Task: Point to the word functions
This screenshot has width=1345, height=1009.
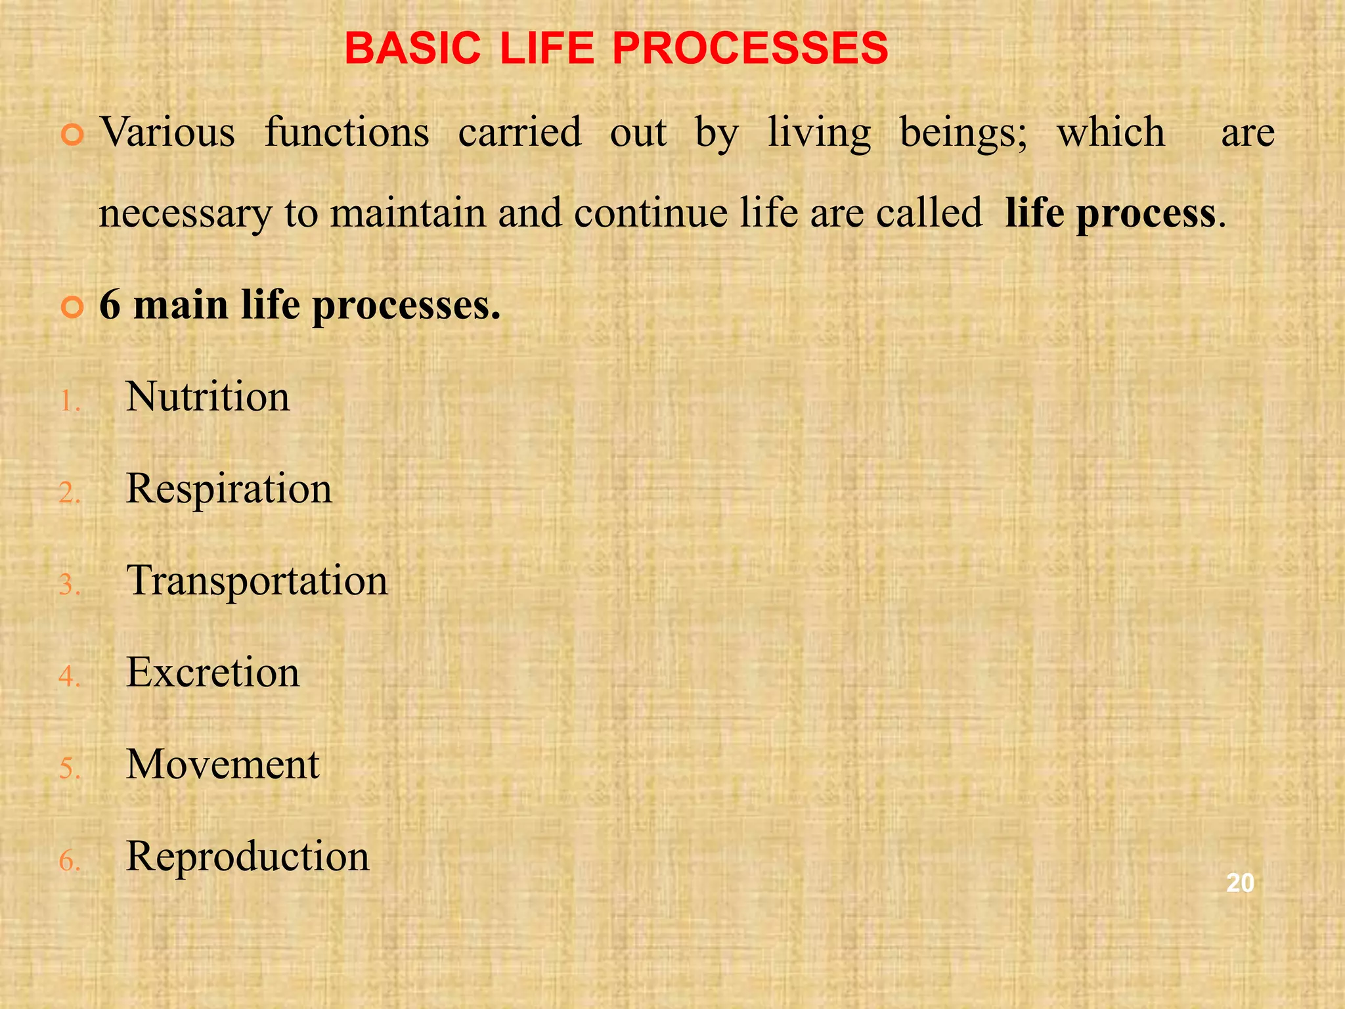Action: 347,133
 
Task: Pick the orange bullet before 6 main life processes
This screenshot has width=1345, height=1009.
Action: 72,307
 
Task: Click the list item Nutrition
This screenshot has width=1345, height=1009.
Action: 208,397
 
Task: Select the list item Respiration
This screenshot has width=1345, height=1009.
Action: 229,490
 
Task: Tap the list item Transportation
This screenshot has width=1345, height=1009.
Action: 257,582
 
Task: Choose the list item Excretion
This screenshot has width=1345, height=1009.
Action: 212,673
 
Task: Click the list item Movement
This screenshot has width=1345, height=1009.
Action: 223,765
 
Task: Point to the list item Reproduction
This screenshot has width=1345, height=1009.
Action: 248,857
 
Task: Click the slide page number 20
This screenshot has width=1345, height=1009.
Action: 1240,884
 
